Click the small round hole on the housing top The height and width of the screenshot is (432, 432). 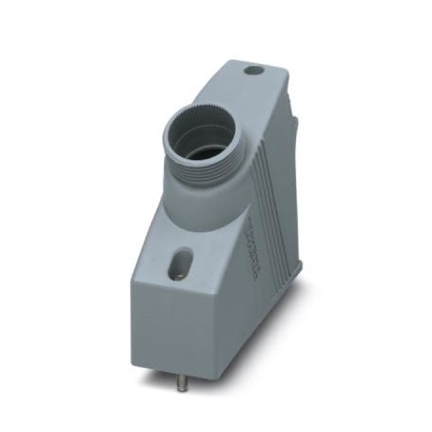coord(252,70)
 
